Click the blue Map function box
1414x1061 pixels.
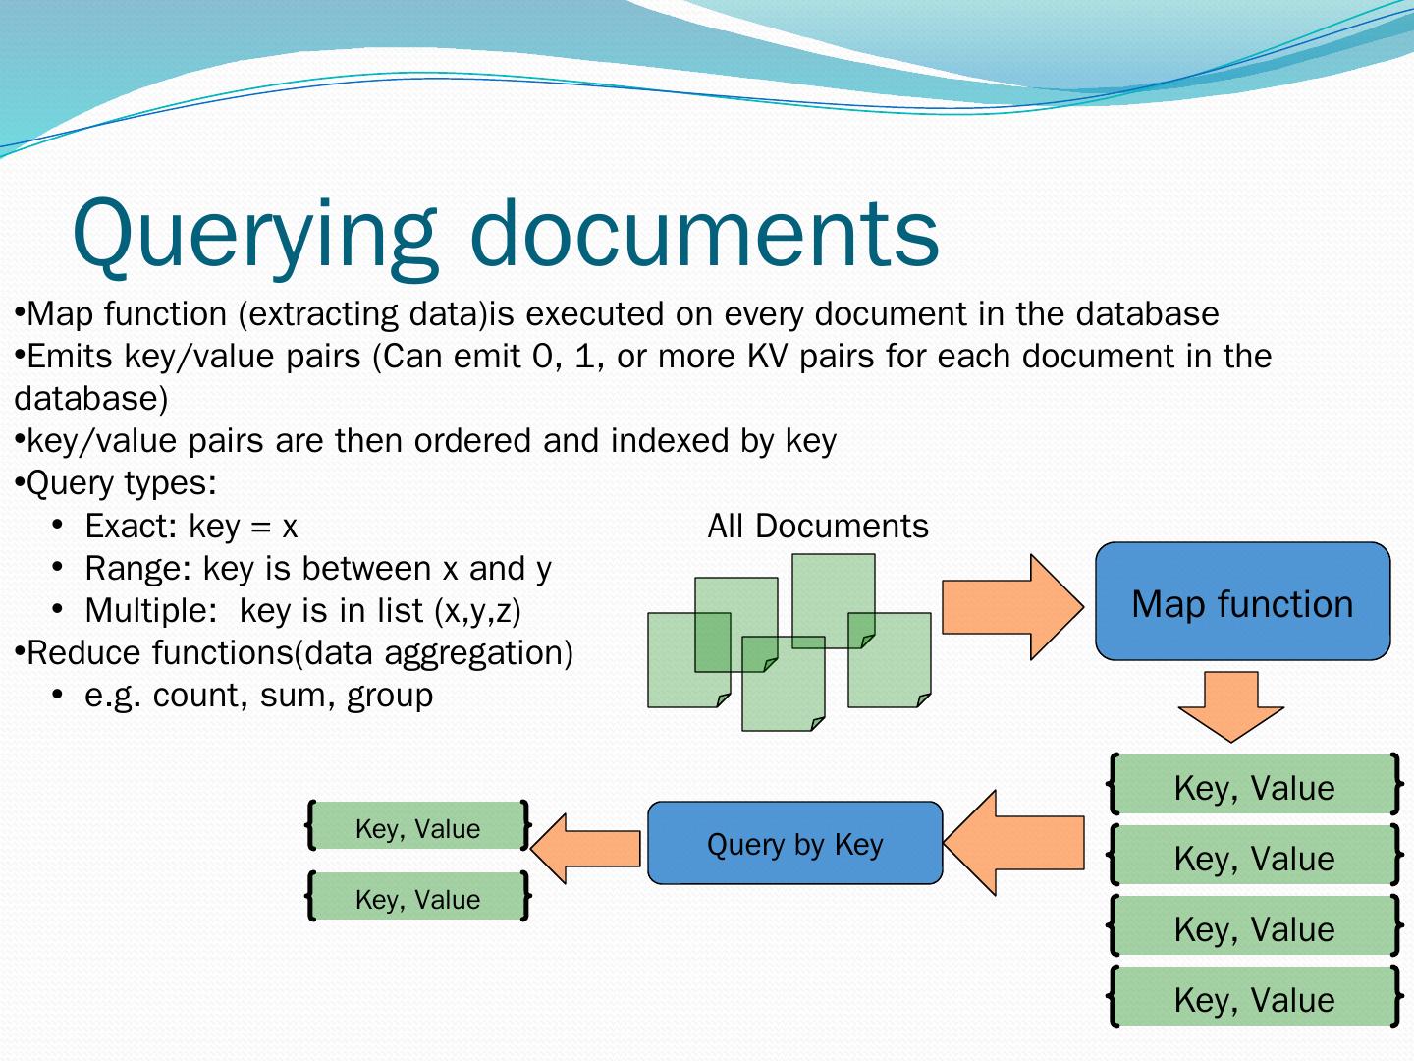click(x=1242, y=601)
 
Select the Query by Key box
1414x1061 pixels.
click(x=794, y=843)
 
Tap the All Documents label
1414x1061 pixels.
click(x=817, y=527)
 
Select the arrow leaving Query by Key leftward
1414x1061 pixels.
click(x=587, y=848)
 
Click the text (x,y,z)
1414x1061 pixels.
click(x=477, y=611)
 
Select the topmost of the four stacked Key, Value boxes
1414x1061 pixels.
click(x=1254, y=787)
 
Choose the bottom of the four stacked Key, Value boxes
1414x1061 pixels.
click(x=1254, y=999)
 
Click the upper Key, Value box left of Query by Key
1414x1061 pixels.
click(x=418, y=828)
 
